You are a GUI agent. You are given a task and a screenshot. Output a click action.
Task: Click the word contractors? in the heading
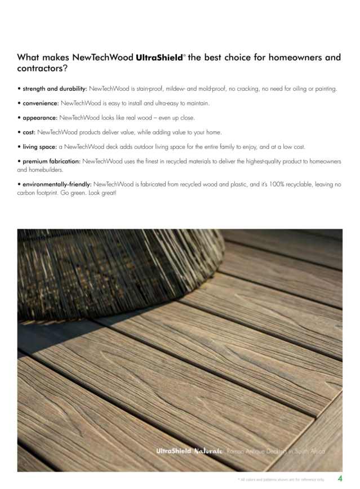pos(42,69)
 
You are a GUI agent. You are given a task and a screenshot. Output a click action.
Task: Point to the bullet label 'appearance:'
pos(40,118)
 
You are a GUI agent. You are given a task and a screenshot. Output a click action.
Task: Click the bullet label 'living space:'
pos(39,147)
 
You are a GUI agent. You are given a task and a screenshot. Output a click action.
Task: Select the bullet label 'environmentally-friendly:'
pos(56,184)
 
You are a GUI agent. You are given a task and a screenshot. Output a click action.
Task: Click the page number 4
pos(340,478)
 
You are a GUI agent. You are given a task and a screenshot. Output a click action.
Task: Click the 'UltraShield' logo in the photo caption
pos(175,452)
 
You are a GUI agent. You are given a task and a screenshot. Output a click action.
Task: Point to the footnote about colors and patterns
pos(281,479)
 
